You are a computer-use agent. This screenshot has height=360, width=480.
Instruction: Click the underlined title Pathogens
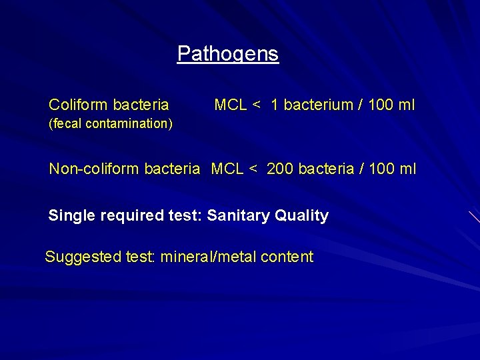228,53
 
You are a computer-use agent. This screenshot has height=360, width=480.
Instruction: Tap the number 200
280,169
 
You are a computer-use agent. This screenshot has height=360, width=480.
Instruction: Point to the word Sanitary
235,215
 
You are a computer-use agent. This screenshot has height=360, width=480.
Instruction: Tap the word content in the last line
286,257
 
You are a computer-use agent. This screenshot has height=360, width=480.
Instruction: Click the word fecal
65,123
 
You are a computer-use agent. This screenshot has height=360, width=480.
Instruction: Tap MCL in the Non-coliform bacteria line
227,169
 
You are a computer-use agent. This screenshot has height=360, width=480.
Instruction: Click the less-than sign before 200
253,169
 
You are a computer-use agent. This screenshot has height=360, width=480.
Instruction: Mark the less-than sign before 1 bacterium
257,105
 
